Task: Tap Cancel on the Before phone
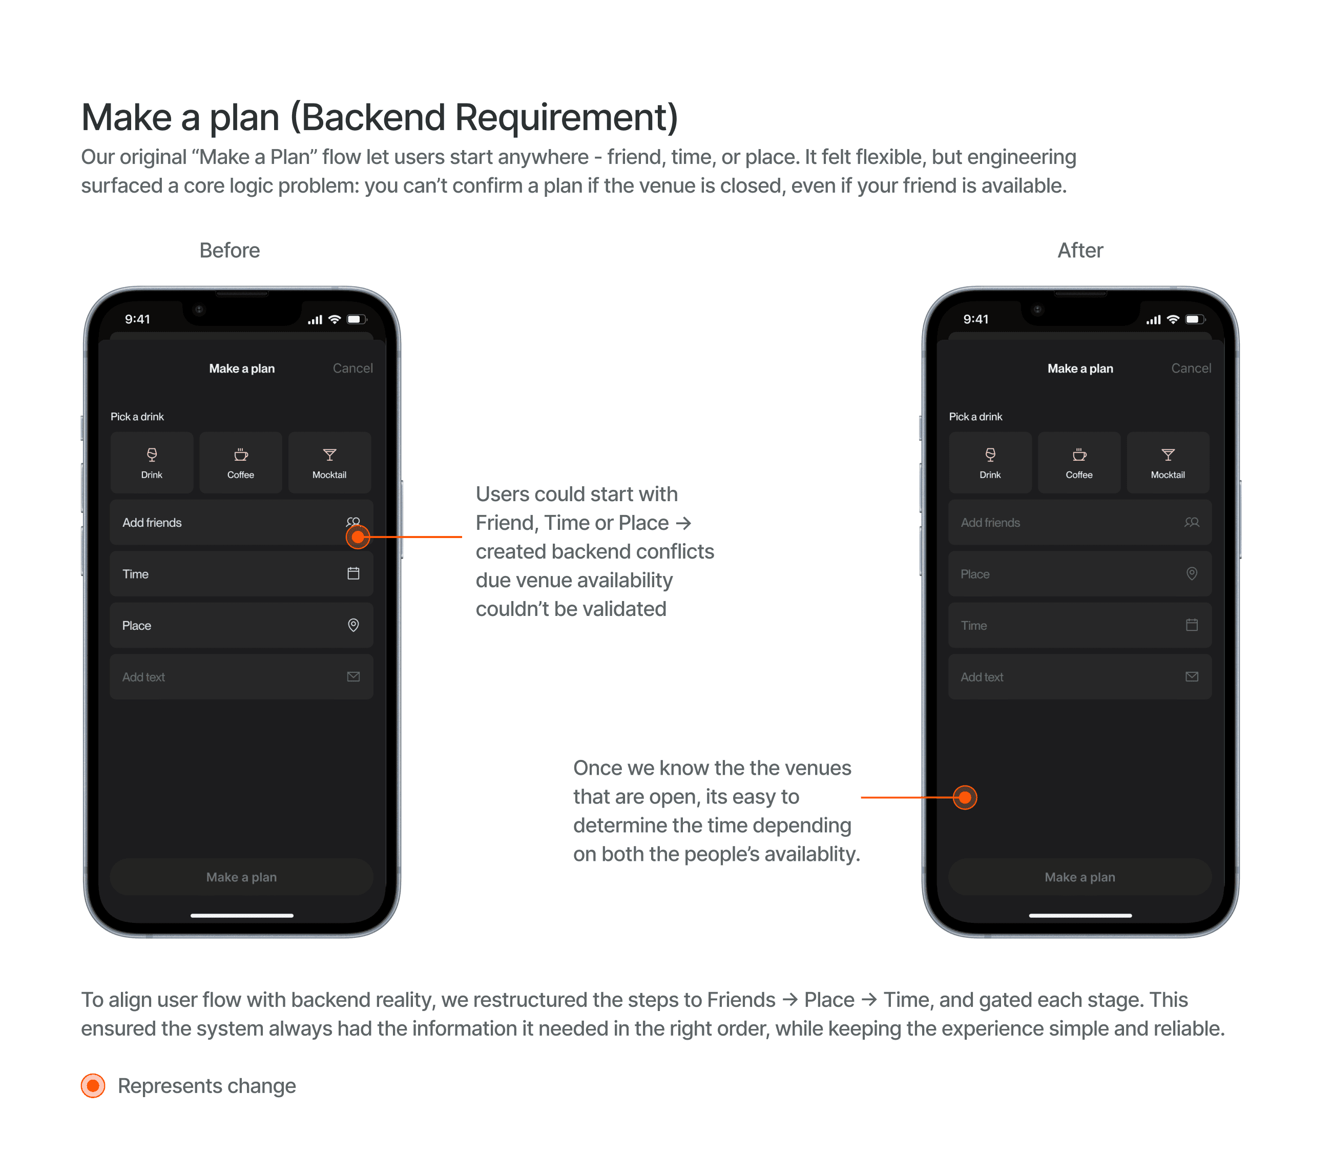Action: tap(352, 368)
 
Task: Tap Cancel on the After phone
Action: tap(1191, 368)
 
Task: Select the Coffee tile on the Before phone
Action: tap(240, 462)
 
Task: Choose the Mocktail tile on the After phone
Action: tap(1168, 462)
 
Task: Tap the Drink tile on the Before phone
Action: tap(152, 462)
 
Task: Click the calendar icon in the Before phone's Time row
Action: tap(353, 573)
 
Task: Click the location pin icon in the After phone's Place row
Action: tap(1191, 573)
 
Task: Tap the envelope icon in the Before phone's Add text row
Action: tap(353, 676)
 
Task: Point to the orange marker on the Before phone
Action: tap(358, 537)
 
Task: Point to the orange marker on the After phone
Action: tap(965, 797)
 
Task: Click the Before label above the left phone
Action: tap(230, 250)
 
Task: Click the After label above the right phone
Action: tap(1080, 250)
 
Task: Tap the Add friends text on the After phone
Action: tap(990, 523)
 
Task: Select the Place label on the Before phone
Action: tap(136, 626)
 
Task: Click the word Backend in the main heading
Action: tap(369, 118)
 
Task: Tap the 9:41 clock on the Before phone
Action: tap(137, 319)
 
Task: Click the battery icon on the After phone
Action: tap(1195, 319)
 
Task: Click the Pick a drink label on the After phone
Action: tap(975, 417)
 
